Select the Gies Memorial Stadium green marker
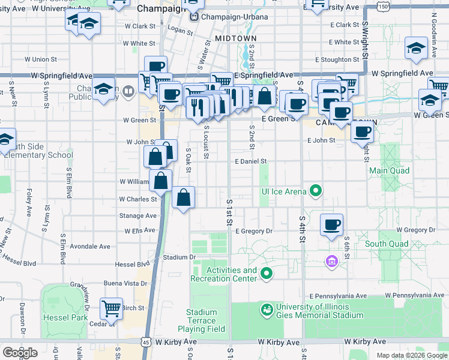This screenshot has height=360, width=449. tap(267, 310)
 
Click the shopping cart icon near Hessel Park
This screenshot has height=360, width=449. tap(111, 308)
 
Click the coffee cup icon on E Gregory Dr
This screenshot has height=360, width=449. tap(332, 225)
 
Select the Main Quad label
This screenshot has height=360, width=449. tap(389, 171)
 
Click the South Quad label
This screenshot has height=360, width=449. tap(387, 244)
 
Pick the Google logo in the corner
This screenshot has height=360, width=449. tap(20, 353)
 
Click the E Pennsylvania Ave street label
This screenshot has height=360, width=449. tap(338, 296)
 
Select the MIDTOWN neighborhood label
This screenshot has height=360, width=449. tap(231, 38)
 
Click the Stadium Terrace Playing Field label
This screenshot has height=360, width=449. tap(201, 320)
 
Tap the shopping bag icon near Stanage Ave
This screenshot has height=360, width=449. tap(184, 197)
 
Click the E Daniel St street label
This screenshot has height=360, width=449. tap(250, 162)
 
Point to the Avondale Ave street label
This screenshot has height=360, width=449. tap(90, 247)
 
